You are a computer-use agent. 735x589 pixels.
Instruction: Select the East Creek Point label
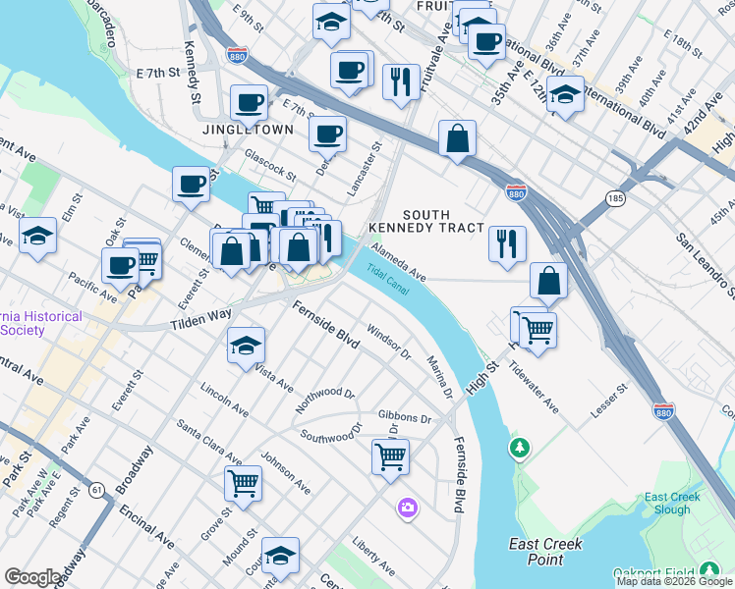coord(546,551)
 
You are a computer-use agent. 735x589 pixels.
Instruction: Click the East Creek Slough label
coord(673,504)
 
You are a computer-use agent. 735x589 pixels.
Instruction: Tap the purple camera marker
coord(407,508)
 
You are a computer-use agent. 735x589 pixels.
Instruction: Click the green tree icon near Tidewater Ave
coord(519,449)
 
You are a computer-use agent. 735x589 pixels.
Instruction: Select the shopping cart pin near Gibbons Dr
coord(390,455)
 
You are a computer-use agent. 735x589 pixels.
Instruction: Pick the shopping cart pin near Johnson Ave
coord(242,482)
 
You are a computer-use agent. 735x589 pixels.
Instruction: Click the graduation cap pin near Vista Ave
coord(246,346)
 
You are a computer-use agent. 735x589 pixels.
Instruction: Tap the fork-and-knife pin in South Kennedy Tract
coord(507,244)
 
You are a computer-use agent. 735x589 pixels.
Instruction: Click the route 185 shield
coord(616,199)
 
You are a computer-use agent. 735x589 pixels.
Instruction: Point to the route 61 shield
coord(95,489)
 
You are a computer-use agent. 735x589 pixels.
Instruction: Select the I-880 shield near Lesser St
coord(664,411)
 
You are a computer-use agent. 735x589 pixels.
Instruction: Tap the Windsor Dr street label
coord(387,344)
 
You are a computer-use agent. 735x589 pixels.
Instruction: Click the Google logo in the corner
coord(32,578)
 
